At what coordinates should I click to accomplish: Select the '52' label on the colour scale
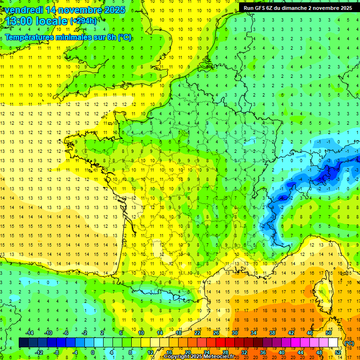click(x=338, y=352)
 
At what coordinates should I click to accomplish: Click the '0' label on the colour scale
click(x=92, y=352)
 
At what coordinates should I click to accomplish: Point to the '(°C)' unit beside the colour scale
click(x=349, y=343)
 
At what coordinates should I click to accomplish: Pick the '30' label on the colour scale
click(x=235, y=332)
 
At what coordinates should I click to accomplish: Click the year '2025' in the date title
click(x=114, y=10)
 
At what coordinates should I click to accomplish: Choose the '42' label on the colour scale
click(x=291, y=332)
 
